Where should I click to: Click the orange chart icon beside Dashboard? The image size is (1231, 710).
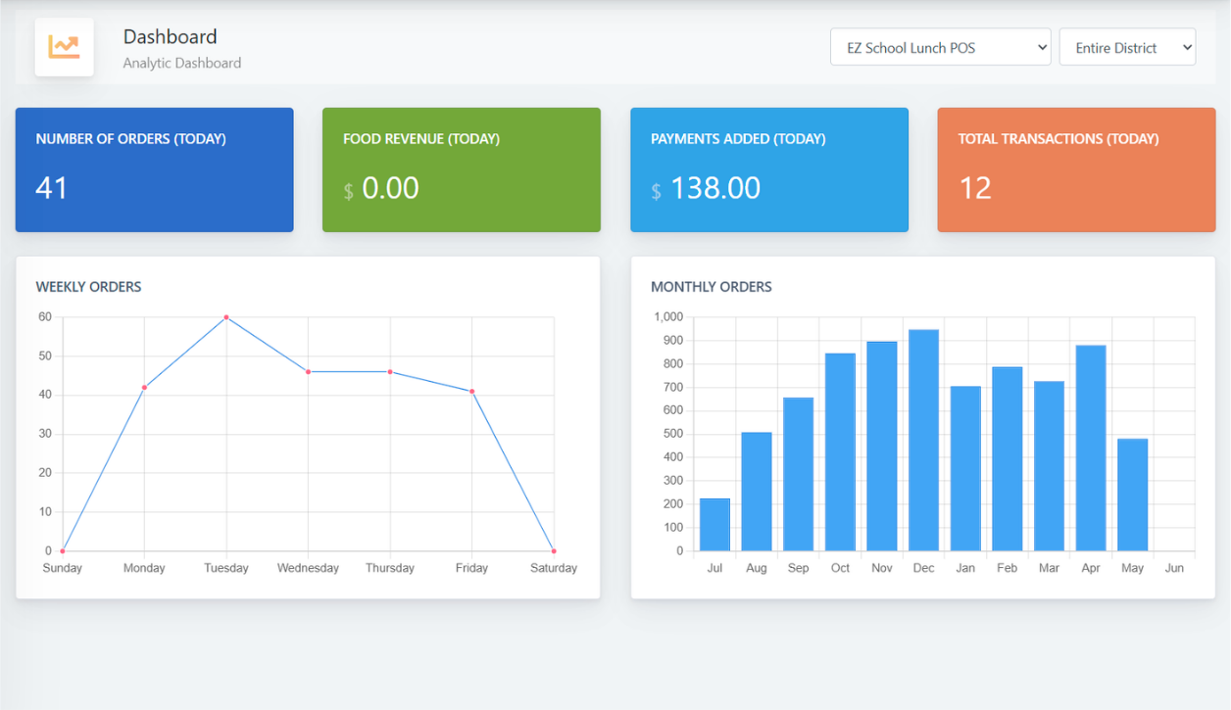point(64,47)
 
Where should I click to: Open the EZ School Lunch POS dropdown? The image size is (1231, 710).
point(939,47)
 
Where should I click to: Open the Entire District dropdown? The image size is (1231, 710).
point(1126,47)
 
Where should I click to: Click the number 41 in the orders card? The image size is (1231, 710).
point(52,188)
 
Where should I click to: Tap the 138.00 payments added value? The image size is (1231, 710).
point(715,188)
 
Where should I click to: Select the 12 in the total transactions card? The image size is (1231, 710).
point(975,188)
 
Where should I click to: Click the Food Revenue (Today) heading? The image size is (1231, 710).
point(421,139)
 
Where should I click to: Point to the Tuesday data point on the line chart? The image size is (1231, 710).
point(226,317)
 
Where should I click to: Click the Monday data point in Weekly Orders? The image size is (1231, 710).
point(144,388)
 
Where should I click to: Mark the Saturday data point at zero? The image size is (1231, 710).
point(554,551)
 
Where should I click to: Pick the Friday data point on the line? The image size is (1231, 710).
point(471,392)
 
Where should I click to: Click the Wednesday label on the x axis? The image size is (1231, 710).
point(308,568)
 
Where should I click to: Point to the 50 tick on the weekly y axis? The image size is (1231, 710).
point(45,355)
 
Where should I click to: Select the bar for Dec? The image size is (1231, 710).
point(923,441)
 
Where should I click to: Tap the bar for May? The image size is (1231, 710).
point(1132,495)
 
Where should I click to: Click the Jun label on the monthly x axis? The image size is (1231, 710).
point(1174,568)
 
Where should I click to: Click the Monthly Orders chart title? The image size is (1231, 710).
point(712,287)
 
